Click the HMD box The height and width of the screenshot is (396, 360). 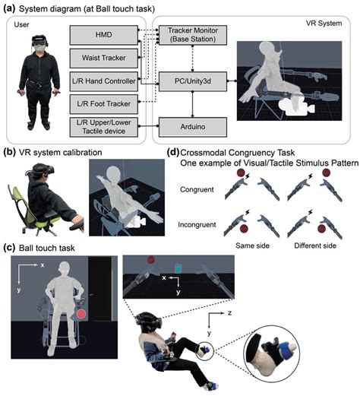pos(104,35)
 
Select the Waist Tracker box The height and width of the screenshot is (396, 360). pos(104,58)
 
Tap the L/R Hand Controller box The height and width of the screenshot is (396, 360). pos(104,81)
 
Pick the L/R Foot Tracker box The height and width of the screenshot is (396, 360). pos(104,104)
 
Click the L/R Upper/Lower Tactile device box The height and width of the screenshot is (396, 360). pos(104,127)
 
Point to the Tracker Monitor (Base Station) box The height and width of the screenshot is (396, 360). pos(193,35)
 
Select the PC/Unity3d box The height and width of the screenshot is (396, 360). pos(193,81)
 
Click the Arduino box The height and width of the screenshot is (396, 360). pos(193,127)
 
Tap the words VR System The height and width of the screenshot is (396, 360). pos(324,24)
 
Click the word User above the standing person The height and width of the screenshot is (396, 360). pos(21,24)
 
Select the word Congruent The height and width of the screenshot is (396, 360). pos(197,190)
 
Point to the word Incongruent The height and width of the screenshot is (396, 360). pos(197,225)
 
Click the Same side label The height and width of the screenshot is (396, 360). pos(252,246)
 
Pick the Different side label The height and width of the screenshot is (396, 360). pos(315,246)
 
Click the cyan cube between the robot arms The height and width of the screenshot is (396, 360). pos(178,268)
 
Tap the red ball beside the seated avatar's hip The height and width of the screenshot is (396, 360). pos(81,314)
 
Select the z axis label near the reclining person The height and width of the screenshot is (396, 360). pos(229,313)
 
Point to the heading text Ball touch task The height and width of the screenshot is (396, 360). pos(47,248)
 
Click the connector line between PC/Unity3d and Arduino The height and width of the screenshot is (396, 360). pos(193,104)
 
